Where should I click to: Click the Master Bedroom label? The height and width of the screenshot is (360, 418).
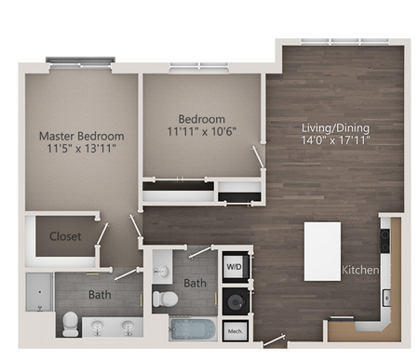point(82,136)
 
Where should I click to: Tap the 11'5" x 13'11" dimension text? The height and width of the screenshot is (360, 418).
point(82,149)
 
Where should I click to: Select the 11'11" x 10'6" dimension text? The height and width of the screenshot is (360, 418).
point(202,131)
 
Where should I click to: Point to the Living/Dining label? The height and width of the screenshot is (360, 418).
point(335,127)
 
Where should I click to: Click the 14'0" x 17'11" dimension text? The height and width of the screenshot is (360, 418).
point(335,140)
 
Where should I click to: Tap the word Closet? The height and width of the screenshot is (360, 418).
point(65,236)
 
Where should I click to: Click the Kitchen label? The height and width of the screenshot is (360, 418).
point(360,270)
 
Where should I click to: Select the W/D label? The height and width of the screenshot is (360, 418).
point(234,267)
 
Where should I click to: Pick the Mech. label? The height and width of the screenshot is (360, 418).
point(236,331)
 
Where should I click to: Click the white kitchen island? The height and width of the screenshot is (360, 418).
point(322,251)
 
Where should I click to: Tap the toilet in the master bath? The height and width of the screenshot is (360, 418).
point(71,324)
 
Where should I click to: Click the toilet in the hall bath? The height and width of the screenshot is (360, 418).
point(166,299)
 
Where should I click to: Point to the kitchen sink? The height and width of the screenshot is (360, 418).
point(386,298)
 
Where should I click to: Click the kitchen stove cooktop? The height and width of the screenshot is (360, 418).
point(385,241)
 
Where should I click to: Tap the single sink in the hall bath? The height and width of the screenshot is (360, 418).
point(162,272)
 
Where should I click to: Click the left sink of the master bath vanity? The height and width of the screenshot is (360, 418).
point(98,327)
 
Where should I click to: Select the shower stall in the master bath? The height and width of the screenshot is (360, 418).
point(39,292)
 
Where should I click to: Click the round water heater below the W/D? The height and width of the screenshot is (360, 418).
point(235,301)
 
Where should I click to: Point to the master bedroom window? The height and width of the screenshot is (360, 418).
point(81,62)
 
